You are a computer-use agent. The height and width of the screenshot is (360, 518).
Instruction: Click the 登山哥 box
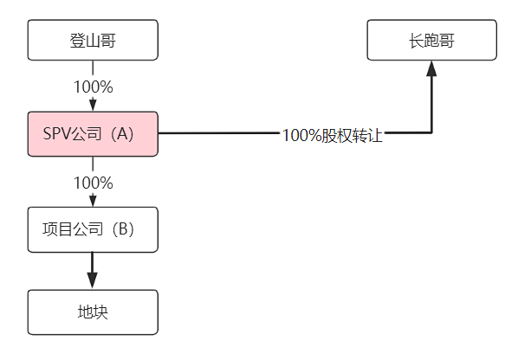pos(93,40)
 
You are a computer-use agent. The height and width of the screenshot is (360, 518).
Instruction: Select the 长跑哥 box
pos(431,40)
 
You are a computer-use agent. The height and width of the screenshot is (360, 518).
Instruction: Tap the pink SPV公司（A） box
pos(93,134)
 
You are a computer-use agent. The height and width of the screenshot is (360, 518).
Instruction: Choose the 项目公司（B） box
pos(93,229)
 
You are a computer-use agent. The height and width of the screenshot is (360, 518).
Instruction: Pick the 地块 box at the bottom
pos(93,312)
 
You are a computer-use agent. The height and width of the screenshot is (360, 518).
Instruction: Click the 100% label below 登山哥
pos(93,87)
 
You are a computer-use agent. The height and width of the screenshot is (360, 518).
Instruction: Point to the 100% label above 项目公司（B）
pos(93,183)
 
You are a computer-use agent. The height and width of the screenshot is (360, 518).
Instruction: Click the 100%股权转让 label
pos(332,135)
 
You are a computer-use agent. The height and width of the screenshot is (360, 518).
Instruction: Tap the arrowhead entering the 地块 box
pos(93,281)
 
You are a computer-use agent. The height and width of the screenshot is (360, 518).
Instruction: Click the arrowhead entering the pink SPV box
pos(93,106)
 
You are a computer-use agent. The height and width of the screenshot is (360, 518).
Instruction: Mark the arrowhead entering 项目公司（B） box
pos(93,201)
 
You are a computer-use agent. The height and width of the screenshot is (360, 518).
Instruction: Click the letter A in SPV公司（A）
pos(122,134)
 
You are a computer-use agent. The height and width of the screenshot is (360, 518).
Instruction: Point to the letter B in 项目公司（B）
pos(122,229)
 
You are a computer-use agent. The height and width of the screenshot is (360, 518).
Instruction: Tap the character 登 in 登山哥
pos(77,40)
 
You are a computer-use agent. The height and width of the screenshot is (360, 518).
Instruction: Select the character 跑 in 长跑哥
pos(431,40)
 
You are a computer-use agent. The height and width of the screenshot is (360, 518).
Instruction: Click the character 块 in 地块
pos(100,312)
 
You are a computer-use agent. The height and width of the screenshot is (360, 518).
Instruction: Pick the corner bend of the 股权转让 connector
pos(431,133)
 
